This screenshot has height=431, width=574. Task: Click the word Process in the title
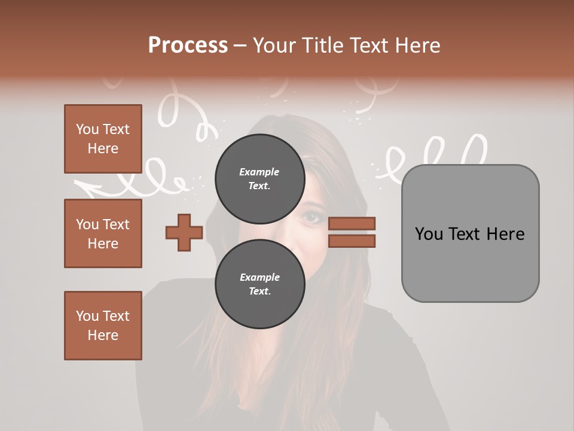tap(188, 45)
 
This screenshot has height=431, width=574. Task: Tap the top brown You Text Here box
tap(103, 139)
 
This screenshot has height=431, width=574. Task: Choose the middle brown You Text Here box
tap(103, 233)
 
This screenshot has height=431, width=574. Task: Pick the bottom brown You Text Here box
tap(103, 325)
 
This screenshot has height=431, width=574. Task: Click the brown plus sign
tap(184, 232)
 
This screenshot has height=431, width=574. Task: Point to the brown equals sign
tap(352, 232)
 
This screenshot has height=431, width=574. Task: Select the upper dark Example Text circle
tap(259, 179)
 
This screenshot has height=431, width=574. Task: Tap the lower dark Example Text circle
tap(259, 284)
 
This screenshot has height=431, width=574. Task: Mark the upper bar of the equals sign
tap(352, 224)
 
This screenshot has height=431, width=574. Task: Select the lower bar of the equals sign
tap(352, 241)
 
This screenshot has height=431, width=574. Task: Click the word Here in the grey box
tap(505, 234)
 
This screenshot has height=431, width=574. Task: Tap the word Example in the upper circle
tap(259, 172)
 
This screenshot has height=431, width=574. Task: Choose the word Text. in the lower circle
tap(259, 292)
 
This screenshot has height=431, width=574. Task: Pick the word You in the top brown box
tap(87, 129)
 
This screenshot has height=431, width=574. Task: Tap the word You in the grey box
tap(428, 234)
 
